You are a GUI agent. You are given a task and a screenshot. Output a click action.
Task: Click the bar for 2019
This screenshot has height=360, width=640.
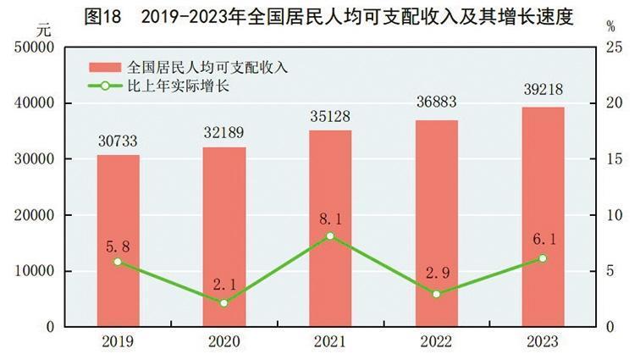118,241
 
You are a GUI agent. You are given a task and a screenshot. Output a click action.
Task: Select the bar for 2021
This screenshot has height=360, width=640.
330,229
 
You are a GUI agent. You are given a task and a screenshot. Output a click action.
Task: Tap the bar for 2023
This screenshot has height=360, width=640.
543,217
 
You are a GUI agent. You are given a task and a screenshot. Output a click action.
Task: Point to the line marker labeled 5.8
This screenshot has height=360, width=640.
118,262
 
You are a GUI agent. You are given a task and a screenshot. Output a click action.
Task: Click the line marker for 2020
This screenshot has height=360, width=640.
224,302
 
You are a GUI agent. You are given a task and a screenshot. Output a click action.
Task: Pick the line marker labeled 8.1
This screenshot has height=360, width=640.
330,235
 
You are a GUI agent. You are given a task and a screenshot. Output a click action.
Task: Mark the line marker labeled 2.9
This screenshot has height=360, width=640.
437,294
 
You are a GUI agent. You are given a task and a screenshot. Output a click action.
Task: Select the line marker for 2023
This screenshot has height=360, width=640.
543,258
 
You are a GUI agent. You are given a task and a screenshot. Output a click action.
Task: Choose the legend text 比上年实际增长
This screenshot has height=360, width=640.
180,86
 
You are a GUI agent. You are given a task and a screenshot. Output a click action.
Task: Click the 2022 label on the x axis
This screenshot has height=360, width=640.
437,342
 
